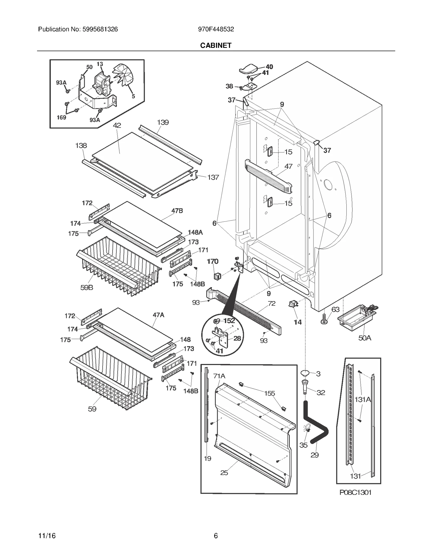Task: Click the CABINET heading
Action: [216, 45]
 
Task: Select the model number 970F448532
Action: [216, 29]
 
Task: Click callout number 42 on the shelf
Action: [117, 125]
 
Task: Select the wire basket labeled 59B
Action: [119, 266]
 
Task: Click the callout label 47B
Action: [177, 211]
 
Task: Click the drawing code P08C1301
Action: [355, 492]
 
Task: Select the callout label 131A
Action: [362, 399]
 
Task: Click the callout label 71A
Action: [219, 376]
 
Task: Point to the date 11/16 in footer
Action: [47, 536]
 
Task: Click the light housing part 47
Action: [269, 176]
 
